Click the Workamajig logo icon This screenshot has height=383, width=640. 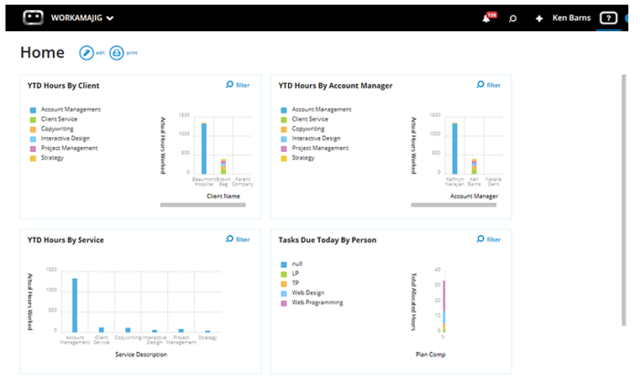coord(33,17)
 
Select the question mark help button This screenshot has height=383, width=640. coord(608,18)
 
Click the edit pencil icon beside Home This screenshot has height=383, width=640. coord(87,53)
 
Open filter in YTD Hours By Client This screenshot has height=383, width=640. coord(237,85)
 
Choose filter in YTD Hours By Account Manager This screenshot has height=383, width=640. coord(488,85)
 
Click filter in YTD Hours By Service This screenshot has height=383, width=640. coord(237,239)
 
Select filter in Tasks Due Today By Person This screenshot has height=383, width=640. coord(488,239)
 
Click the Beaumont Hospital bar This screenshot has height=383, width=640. coord(204,148)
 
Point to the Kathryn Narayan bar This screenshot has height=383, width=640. coord(454,148)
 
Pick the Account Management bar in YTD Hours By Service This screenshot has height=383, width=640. coord(75,304)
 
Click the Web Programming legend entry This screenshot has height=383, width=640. coord(315,302)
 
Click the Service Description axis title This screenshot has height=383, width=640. coord(141,353)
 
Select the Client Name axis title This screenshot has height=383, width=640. coord(223,196)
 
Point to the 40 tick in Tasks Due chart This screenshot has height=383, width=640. coord(438,270)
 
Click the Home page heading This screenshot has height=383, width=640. coord(42,53)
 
